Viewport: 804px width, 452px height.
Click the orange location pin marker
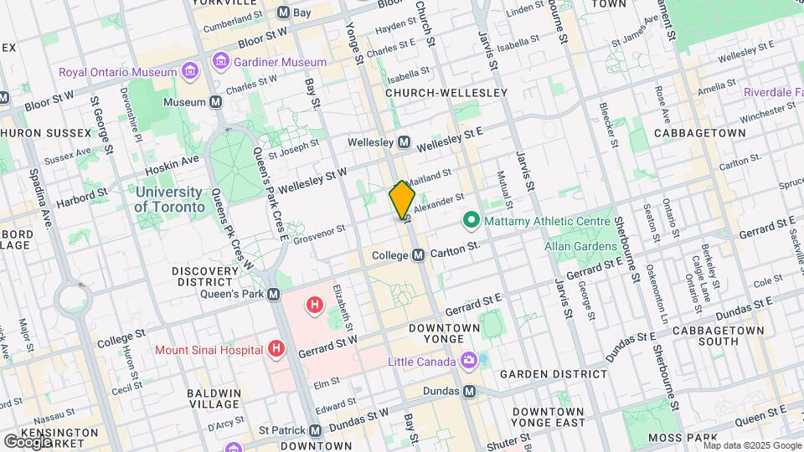(x=402, y=200)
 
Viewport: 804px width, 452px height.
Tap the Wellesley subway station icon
(x=404, y=142)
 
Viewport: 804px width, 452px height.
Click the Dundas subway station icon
(x=469, y=391)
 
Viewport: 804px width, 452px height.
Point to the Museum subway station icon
(x=216, y=102)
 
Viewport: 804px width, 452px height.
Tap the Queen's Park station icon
(x=273, y=294)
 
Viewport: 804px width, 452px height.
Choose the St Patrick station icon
(x=315, y=430)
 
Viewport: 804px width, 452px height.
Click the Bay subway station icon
(x=283, y=13)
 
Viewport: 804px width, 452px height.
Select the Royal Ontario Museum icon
(x=193, y=72)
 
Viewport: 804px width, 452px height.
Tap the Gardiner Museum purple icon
(x=220, y=62)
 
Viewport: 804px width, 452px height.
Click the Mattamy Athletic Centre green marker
(x=471, y=222)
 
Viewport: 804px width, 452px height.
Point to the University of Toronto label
(x=169, y=199)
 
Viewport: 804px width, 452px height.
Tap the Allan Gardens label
(x=580, y=246)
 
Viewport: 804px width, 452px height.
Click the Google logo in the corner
(x=28, y=441)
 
